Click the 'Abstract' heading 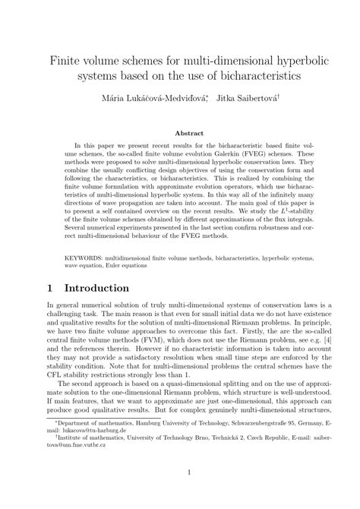click(180, 132)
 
